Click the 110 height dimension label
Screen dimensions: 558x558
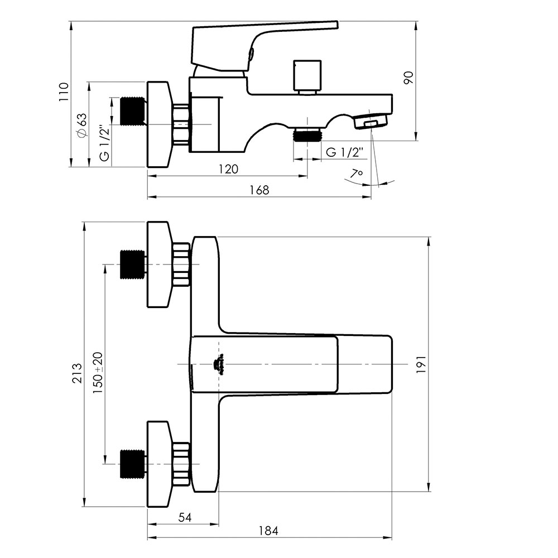[64, 92]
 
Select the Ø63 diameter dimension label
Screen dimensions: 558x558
[81, 125]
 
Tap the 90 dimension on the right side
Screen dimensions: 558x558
[409, 78]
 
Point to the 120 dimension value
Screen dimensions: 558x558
[228, 169]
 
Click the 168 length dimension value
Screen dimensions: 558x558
[259, 190]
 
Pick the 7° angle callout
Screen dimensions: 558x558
[356, 174]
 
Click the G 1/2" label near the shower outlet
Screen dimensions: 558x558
[344, 152]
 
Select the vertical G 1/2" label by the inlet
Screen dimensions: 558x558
[105, 143]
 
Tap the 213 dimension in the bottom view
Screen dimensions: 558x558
[77, 373]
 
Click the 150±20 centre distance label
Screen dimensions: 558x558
[98, 373]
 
